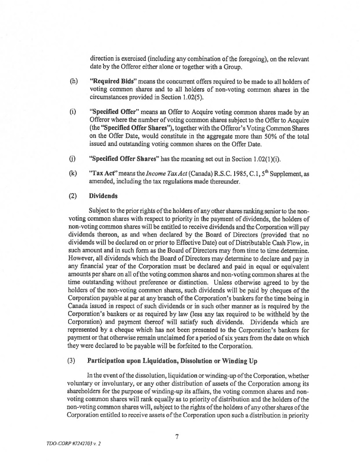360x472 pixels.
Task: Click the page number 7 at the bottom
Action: click(x=177, y=437)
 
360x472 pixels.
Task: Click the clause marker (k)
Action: click(x=72, y=173)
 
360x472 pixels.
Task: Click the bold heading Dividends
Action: click(x=104, y=196)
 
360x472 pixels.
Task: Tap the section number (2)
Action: click(x=72, y=196)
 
